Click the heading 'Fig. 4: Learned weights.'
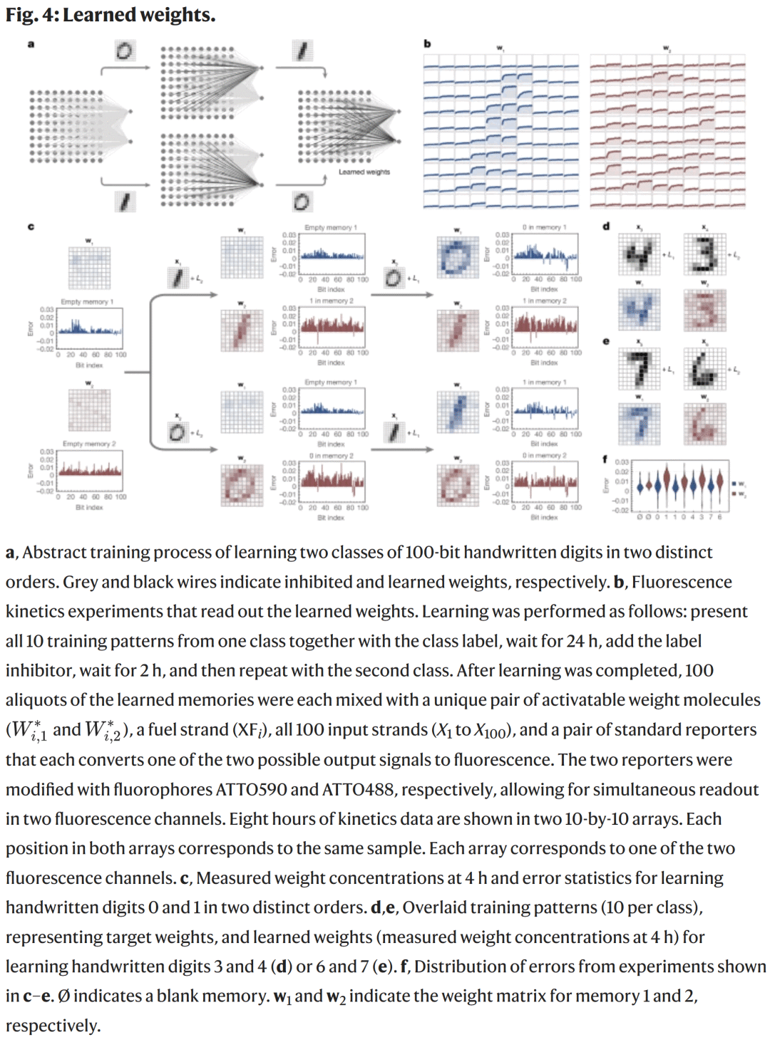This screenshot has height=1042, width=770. point(111,14)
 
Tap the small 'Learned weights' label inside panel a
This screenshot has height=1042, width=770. point(364,172)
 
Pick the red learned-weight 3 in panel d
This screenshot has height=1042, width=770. point(704,311)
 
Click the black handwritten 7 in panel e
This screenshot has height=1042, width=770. point(639,369)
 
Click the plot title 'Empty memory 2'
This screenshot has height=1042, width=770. point(88,444)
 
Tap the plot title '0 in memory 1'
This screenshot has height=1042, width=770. point(544,227)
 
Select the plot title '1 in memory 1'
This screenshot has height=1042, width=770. point(544,382)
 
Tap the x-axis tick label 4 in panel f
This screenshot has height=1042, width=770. point(693,516)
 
